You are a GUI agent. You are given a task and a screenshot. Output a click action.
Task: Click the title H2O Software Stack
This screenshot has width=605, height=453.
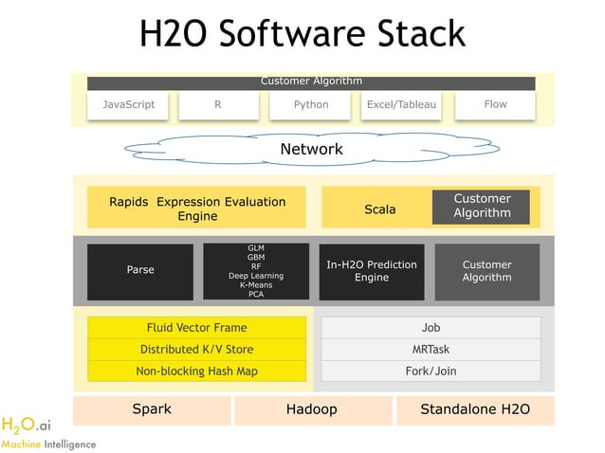tap(302, 34)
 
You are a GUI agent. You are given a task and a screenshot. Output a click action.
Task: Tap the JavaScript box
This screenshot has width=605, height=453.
tap(128, 105)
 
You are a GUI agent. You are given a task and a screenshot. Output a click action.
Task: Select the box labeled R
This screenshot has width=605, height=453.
tap(217, 105)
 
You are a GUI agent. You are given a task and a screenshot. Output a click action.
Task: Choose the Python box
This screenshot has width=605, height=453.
tap(310, 105)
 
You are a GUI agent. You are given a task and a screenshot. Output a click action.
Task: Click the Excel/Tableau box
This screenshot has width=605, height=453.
tap(401, 105)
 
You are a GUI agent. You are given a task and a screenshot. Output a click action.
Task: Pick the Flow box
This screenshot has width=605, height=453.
tap(495, 105)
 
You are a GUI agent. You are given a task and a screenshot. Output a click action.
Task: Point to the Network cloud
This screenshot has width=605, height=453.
tap(311, 150)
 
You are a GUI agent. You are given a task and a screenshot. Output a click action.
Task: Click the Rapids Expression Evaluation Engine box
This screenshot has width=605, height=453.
tap(196, 208)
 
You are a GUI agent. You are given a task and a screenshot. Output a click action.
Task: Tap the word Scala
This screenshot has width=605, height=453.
tap(379, 208)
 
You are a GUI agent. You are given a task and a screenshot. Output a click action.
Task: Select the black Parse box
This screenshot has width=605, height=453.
tap(139, 270)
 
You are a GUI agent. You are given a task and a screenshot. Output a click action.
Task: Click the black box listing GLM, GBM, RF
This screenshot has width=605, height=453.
tap(256, 271)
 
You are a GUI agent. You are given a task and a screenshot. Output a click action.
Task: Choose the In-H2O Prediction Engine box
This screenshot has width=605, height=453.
tap(372, 271)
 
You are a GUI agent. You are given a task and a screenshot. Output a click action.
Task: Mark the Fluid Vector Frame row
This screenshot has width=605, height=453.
tap(196, 328)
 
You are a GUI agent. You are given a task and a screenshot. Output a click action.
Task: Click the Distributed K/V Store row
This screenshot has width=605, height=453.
tap(196, 350)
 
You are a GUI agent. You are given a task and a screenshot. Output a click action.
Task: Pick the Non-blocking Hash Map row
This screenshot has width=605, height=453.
tap(196, 371)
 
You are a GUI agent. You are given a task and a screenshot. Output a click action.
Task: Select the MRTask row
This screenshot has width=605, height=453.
tap(431, 350)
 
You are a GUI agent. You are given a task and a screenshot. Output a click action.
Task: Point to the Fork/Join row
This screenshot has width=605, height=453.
tap(431, 371)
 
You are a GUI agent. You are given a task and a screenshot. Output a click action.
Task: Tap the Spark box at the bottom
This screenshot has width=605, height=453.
tap(152, 410)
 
